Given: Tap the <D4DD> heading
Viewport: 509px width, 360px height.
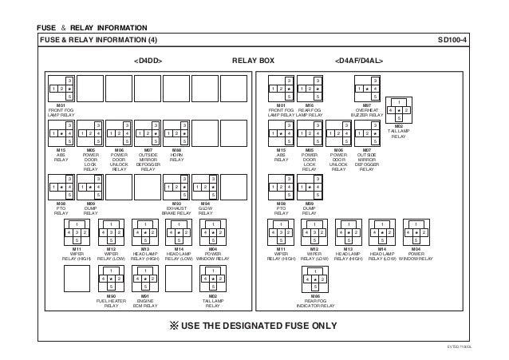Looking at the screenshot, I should (x=148, y=60).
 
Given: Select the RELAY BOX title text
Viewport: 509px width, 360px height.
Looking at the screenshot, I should (x=253, y=60).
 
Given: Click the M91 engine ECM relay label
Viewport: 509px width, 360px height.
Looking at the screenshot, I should (x=145, y=301).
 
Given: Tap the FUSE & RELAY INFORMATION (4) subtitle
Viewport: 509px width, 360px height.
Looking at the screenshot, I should (x=99, y=39).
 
